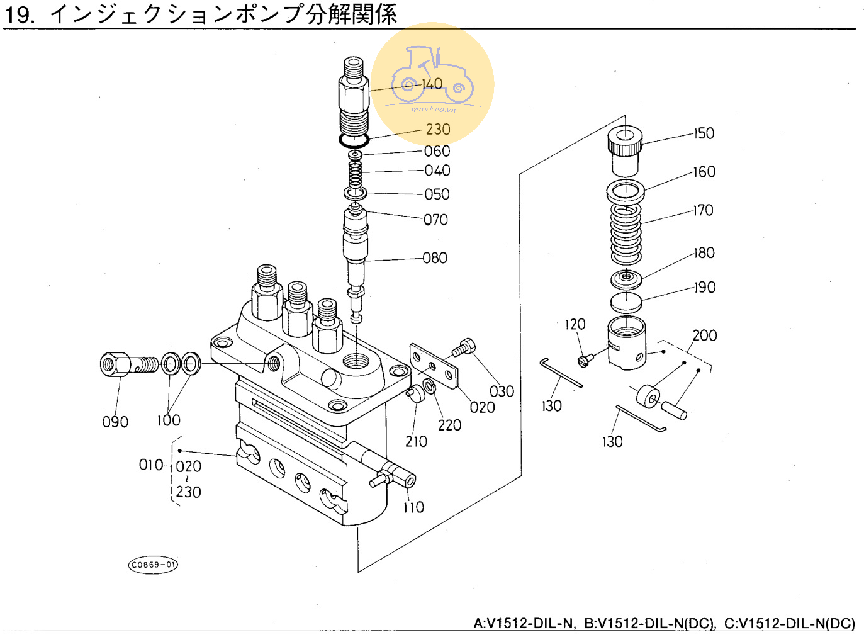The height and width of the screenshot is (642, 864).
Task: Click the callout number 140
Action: [x=432, y=84]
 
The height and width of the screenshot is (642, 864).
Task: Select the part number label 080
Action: [x=435, y=258]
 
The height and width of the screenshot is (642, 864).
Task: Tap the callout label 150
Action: [x=704, y=133]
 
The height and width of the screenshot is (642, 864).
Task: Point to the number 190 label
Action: [x=705, y=288]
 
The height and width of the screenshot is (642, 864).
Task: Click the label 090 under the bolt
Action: [x=115, y=422]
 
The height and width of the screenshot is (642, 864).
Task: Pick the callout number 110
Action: [x=413, y=507]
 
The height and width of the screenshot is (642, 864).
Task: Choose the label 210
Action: [x=416, y=442]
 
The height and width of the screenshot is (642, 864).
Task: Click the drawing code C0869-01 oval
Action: [x=154, y=565]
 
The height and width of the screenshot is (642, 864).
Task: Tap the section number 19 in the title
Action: [x=19, y=14]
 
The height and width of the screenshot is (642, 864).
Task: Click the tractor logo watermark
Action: [x=432, y=79]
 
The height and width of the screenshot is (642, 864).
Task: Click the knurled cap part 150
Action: [x=625, y=151]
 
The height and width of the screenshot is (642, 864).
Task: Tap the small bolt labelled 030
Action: [x=463, y=347]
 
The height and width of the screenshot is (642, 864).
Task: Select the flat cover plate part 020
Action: [x=433, y=366]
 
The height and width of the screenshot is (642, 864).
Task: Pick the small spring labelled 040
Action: [x=356, y=172]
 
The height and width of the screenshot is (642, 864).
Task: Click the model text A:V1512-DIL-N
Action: [x=524, y=623]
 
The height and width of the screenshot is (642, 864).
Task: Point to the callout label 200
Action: [x=705, y=335]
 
